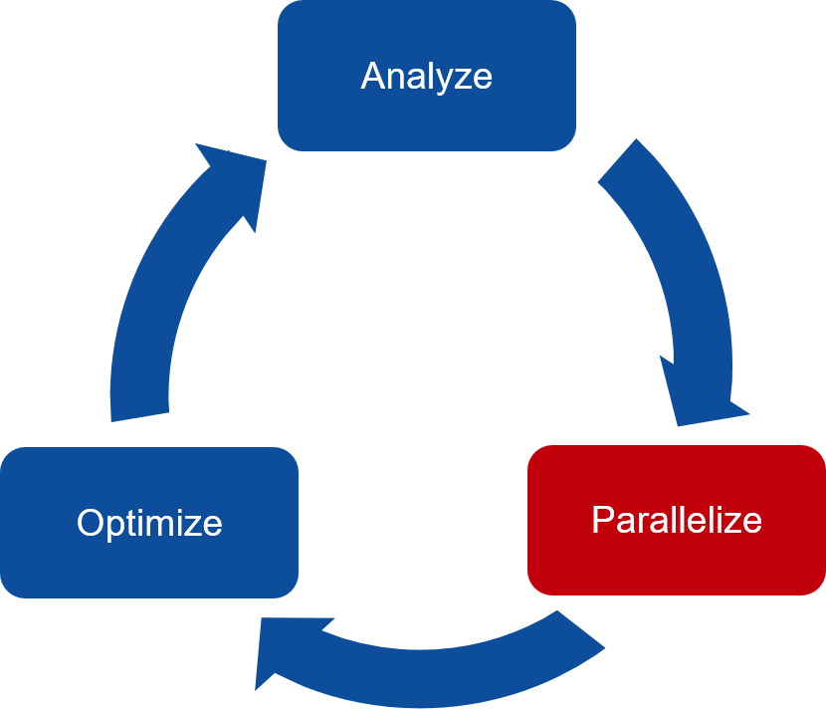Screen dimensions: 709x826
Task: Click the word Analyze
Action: [426, 77]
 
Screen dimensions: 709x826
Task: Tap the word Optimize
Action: [149, 523]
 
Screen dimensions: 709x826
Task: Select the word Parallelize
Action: [677, 519]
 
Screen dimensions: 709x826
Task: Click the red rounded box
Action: [677, 563]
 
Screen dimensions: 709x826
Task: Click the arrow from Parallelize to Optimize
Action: [428, 662]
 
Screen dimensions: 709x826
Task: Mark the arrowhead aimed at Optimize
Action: [284, 652]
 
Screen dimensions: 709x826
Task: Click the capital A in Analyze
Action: [372, 77]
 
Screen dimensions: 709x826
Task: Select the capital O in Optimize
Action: [91, 523]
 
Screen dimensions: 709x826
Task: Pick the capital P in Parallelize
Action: [602, 519]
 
